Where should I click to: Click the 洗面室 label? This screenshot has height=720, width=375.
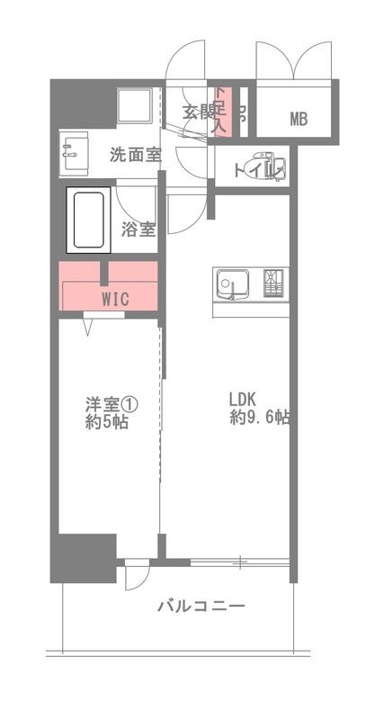136,154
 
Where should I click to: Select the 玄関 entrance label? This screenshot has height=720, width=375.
197,112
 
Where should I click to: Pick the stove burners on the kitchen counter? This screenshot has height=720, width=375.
274,283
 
